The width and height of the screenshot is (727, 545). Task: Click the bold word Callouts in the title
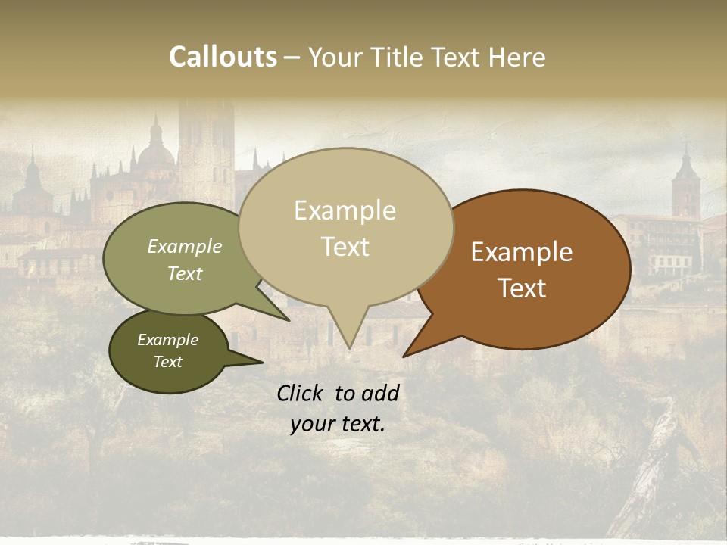[223, 57]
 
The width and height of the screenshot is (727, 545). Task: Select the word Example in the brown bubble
[522, 252]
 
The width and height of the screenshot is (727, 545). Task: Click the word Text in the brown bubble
[522, 288]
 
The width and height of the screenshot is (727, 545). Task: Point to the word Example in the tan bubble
[345, 210]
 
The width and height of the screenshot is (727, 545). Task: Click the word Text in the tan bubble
[345, 247]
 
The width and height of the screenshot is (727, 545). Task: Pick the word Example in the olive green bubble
[184, 247]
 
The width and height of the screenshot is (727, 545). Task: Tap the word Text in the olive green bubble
[184, 274]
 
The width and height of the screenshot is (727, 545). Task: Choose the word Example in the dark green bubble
[167, 340]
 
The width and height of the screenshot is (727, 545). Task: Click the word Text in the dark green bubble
[167, 362]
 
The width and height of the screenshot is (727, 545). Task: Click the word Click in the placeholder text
[302, 393]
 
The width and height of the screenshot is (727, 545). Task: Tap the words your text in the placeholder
[338, 424]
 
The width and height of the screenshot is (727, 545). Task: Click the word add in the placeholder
[381, 393]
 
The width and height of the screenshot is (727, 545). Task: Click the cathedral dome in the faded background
[156, 151]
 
